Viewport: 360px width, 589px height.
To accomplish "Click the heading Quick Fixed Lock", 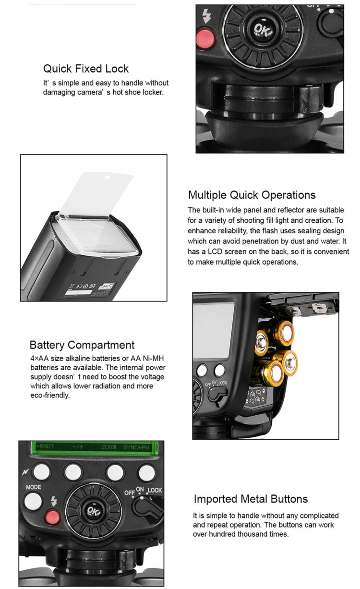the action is point(86,69).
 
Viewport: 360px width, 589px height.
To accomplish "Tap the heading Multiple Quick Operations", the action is point(252,195).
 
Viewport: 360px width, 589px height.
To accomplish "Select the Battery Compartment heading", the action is point(82,345).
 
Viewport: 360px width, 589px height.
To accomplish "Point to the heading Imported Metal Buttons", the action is point(251,499).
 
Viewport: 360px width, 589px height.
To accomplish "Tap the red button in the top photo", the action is point(205,38).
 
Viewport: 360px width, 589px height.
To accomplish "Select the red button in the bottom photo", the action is point(53,517).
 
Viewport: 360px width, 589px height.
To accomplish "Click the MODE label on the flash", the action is point(34,487).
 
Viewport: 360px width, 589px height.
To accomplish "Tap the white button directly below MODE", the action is point(33,501).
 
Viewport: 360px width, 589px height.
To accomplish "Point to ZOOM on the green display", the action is point(108,447).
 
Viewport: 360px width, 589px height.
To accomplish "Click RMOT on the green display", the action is point(46,446).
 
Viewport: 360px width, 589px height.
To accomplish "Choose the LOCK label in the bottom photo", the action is point(155,490).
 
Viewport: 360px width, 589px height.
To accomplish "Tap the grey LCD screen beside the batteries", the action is point(214,331).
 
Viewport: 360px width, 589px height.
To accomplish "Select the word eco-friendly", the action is point(49,395).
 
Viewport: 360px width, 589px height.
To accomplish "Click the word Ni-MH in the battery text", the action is point(153,358).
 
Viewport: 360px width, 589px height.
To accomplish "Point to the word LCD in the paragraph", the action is point(215,252).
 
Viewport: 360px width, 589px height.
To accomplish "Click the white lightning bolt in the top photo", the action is point(207,16).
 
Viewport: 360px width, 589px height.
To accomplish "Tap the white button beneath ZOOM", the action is point(115,472).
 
